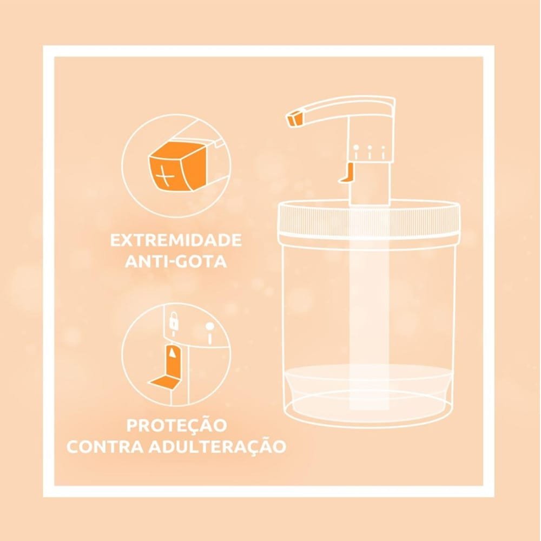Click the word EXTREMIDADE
coord(176,240)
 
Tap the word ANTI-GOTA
coord(176,261)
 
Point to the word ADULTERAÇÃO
coord(217,446)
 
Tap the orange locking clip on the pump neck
coord(346,172)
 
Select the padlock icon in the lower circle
coord(174,321)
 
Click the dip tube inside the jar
coord(369,307)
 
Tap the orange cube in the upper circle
coord(177,166)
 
